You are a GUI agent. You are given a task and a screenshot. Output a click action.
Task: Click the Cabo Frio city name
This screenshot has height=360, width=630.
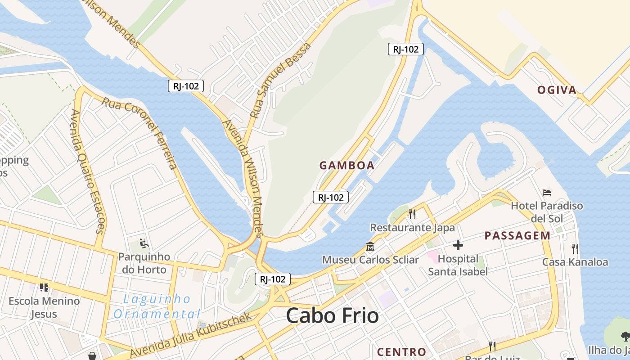click(x=332, y=315)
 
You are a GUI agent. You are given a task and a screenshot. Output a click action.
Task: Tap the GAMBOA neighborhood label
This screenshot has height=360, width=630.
click(x=347, y=165)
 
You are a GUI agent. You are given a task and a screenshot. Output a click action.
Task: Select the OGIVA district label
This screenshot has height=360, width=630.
click(x=557, y=90)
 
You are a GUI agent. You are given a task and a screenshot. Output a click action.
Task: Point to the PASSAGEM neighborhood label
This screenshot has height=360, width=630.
click(x=517, y=235)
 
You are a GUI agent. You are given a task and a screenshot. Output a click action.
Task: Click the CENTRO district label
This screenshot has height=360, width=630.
click(x=401, y=351)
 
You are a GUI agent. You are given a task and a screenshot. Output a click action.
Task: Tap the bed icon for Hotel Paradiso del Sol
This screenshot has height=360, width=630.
click(x=547, y=193)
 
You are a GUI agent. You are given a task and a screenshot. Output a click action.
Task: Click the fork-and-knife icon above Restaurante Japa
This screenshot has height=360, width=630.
click(x=412, y=214)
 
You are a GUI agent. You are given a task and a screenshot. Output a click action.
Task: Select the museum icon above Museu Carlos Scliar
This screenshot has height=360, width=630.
click(x=370, y=246)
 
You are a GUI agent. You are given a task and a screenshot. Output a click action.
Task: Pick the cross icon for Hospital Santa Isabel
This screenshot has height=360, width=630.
click(x=458, y=245)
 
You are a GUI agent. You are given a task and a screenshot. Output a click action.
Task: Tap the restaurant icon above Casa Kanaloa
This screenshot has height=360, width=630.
click(x=575, y=248)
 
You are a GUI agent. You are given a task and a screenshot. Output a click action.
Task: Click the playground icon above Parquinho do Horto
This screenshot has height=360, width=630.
click(x=144, y=243)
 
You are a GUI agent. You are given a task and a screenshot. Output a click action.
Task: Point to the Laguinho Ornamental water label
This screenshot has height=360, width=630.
click(x=157, y=306)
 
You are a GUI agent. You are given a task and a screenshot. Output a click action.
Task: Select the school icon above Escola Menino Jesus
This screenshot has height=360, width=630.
click(x=44, y=287)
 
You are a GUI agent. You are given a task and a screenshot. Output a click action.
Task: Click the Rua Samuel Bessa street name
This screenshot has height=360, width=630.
click(x=280, y=81)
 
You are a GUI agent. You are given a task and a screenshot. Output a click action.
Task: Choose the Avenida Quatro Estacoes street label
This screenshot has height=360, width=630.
click(x=87, y=171)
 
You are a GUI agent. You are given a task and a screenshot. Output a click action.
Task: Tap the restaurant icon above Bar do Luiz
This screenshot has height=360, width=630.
click(x=492, y=346)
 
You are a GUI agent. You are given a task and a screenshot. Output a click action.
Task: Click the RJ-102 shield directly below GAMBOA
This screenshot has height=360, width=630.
click(x=331, y=197)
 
